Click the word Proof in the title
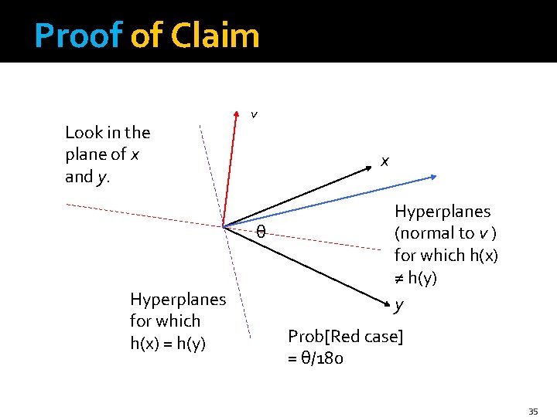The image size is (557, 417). pyautogui.click(x=78, y=36)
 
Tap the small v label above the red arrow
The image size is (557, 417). pyautogui.click(x=254, y=115)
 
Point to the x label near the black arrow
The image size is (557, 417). pyautogui.click(x=384, y=161)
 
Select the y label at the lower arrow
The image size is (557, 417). pyautogui.click(x=398, y=305)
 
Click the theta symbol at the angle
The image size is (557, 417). pyautogui.click(x=261, y=232)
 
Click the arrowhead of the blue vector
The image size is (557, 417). pyautogui.click(x=433, y=178)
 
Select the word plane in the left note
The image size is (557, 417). pyautogui.click(x=86, y=154)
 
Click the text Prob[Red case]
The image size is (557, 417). pyautogui.click(x=345, y=337)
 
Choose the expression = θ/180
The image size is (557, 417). pyautogui.click(x=316, y=358)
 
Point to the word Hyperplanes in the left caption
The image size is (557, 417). pyautogui.click(x=178, y=299)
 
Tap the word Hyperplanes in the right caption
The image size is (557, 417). pyautogui.click(x=443, y=212)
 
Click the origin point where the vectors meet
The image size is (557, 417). pyautogui.click(x=223, y=226)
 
